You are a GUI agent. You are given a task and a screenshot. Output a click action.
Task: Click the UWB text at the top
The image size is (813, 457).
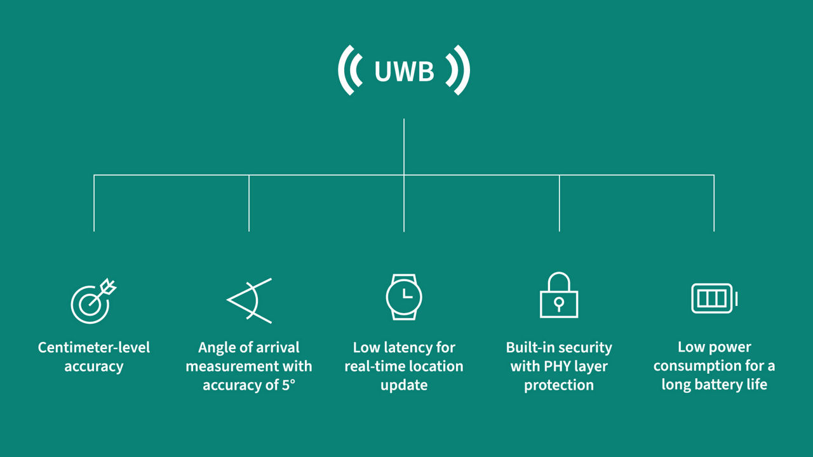[x=404, y=72]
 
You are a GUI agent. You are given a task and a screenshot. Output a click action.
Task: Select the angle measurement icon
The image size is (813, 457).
[x=249, y=300]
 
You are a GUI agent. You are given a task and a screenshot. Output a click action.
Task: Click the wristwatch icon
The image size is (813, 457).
[x=404, y=297]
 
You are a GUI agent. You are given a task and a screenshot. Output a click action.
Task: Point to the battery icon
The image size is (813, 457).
[x=713, y=298]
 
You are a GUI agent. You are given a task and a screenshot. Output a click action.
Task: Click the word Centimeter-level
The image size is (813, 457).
[x=94, y=347]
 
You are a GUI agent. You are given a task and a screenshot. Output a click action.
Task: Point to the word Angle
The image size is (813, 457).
[x=217, y=347]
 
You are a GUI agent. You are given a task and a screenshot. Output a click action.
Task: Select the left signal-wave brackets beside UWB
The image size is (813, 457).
[x=350, y=71]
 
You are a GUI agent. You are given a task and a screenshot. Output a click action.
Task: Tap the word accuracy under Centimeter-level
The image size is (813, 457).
[x=94, y=366]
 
